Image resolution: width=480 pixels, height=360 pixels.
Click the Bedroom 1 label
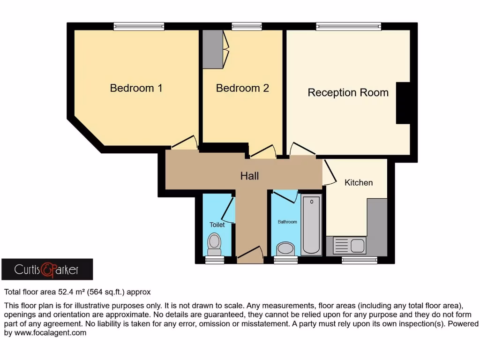[136, 88]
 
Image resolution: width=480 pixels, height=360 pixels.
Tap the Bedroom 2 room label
[242, 88]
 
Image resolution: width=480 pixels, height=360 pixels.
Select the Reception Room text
[348, 93]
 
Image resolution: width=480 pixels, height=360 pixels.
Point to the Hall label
[249, 176]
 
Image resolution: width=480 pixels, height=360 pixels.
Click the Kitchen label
[359, 183]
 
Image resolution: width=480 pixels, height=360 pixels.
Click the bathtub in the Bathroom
[311, 225]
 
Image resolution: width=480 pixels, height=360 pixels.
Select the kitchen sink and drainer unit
[349, 245]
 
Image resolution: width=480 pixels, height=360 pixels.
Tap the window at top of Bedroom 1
[139, 27]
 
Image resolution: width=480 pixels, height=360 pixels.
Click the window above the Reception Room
[348, 27]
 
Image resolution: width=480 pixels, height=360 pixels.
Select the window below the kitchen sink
[360, 260]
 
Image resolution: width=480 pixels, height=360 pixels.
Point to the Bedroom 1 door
[184, 143]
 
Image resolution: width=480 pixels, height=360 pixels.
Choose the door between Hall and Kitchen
[330, 172]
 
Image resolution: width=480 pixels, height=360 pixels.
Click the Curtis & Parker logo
[47, 270]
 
